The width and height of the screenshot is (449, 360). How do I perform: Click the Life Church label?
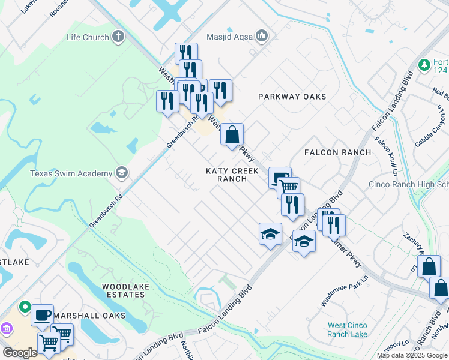[88, 37]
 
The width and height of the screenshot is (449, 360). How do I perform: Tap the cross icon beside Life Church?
[118, 37]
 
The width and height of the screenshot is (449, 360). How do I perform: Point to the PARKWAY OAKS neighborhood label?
[292, 97]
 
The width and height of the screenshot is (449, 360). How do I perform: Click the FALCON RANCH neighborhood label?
[338, 152]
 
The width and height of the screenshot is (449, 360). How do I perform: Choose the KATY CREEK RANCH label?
[232, 175]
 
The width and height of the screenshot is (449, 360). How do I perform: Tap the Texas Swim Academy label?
[71, 173]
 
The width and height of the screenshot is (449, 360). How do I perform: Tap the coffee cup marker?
[42, 314]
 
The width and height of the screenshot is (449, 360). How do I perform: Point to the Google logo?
[20, 353]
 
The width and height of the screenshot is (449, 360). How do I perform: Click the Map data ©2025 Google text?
[412, 355]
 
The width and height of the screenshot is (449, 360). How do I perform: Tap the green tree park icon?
[424, 64]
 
